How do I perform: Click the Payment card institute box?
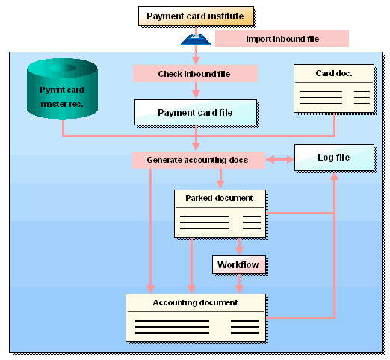(x=196, y=16)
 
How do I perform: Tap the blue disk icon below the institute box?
(x=196, y=40)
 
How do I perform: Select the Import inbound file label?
(x=282, y=39)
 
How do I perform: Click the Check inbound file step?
(x=195, y=74)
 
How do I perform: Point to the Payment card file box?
(x=196, y=113)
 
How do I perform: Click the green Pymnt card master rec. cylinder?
(x=62, y=89)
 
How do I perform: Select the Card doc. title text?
(x=334, y=73)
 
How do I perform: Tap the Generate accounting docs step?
(x=199, y=160)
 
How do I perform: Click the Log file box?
(x=334, y=158)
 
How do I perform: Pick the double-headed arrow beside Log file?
(x=279, y=160)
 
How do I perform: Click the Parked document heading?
(x=219, y=198)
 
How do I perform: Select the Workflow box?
(x=239, y=264)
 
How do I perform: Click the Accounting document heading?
(x=195, y=302)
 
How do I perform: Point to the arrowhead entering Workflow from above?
(x=239, y=251)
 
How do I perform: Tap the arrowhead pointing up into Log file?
(x=334, y=176)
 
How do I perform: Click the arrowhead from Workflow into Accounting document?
(x=239, y=289)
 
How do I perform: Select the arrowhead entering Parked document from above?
(x=220, y=184)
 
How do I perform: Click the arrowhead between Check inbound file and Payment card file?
(x=196, y=94)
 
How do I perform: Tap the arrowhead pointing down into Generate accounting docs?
(x=196, y=146)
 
